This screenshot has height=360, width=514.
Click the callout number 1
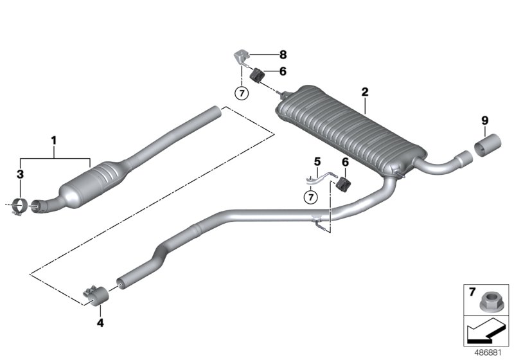click(x=55, y=138)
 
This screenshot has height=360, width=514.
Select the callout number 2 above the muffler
click(x=364, y=93)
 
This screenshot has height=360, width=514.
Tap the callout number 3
click(x=20, y=174)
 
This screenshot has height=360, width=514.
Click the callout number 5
click(x=317, y=161)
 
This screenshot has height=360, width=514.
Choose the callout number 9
click(x=484, y=120)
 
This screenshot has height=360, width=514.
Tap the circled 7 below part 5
click(x=310, y=197)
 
